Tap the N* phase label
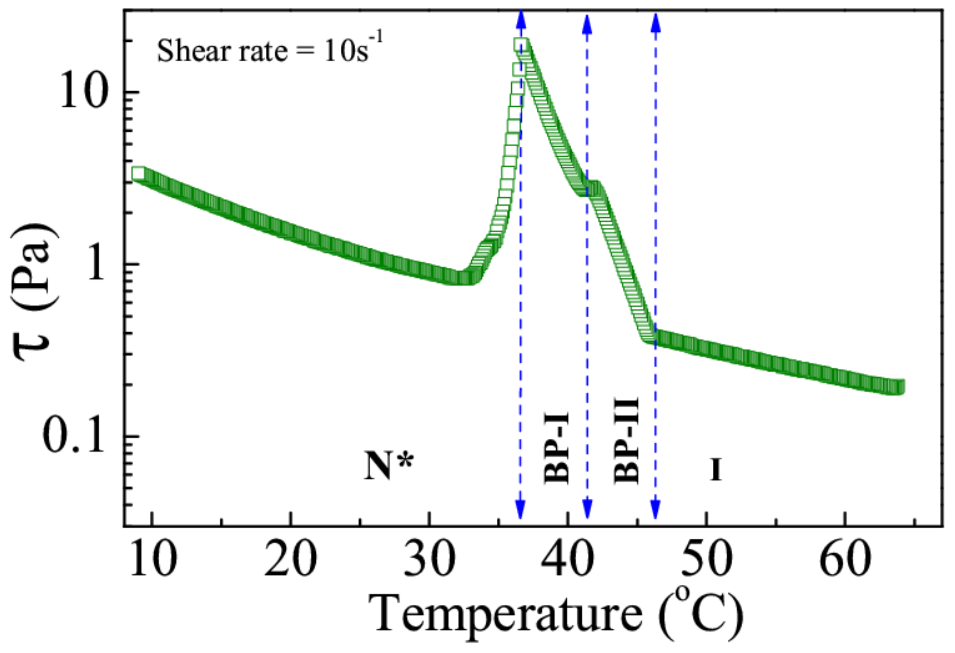(388, 466)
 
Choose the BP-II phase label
(626, 440)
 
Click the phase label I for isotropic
(716, 469)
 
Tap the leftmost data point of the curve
(139, 174)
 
